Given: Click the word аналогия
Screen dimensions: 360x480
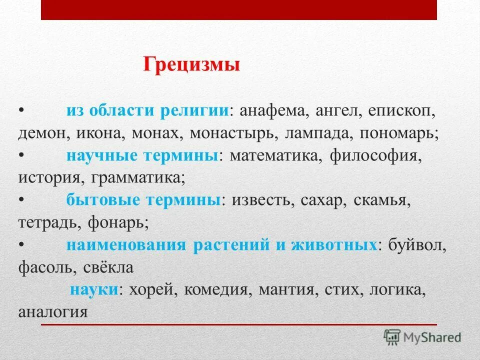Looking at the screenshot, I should (53, 312).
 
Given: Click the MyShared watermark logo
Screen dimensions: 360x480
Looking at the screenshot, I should (422, 336).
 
